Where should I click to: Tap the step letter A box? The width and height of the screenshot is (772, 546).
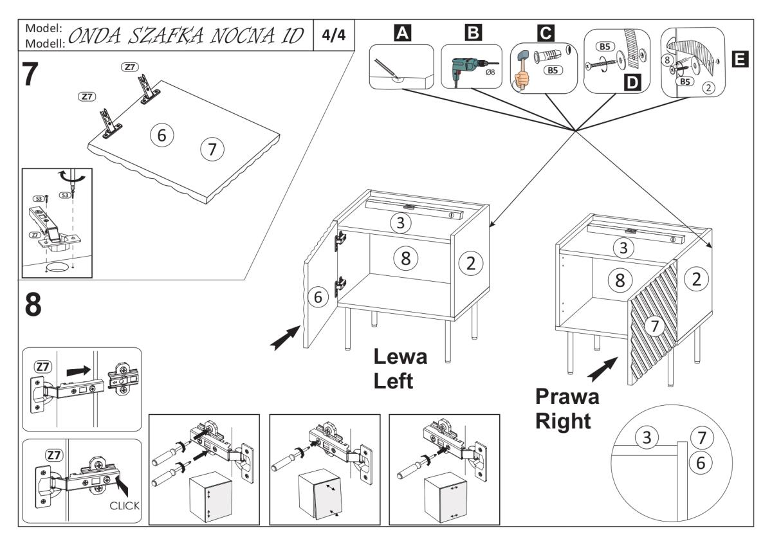tap(402, 33)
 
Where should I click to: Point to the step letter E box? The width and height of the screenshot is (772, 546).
tap(740, 60)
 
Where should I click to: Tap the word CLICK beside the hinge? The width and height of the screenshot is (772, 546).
tap(124, 505)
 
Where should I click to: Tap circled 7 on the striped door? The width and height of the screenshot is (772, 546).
tap(654, 327)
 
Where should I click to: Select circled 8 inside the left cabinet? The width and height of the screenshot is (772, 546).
tap(405, 258)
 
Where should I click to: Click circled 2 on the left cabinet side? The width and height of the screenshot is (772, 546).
tap(471, 262)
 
